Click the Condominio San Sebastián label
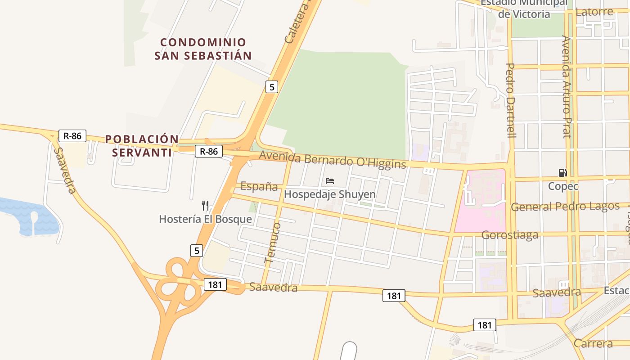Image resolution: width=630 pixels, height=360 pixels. click(202, 49)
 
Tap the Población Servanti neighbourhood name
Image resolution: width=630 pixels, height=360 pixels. click(142, 146)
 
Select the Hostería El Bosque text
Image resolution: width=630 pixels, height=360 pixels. click(205, 219)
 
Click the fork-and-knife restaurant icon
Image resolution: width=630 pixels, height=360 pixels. click(205, 206)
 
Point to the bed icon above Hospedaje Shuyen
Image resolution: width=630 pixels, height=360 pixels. click(330, 181)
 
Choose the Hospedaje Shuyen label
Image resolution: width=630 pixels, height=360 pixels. click(330, 194)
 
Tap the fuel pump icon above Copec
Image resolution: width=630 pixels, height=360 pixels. click(562, 172)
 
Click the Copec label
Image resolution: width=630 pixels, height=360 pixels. click(563, 186)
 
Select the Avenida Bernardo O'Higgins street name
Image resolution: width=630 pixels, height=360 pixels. click(333, 160)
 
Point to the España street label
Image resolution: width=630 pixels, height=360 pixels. click(259, 186)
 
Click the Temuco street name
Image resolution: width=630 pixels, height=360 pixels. click(273, 242)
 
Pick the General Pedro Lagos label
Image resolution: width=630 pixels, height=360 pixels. click(565, 207)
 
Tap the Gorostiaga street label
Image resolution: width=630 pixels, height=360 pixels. click(510, 235)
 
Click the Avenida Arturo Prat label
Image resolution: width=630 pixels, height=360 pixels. click(566, 86)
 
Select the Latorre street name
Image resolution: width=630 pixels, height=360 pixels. click(594, 12)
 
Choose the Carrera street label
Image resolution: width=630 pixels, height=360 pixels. click(593, 343)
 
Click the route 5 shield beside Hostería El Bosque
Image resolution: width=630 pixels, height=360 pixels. click(196, 250)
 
